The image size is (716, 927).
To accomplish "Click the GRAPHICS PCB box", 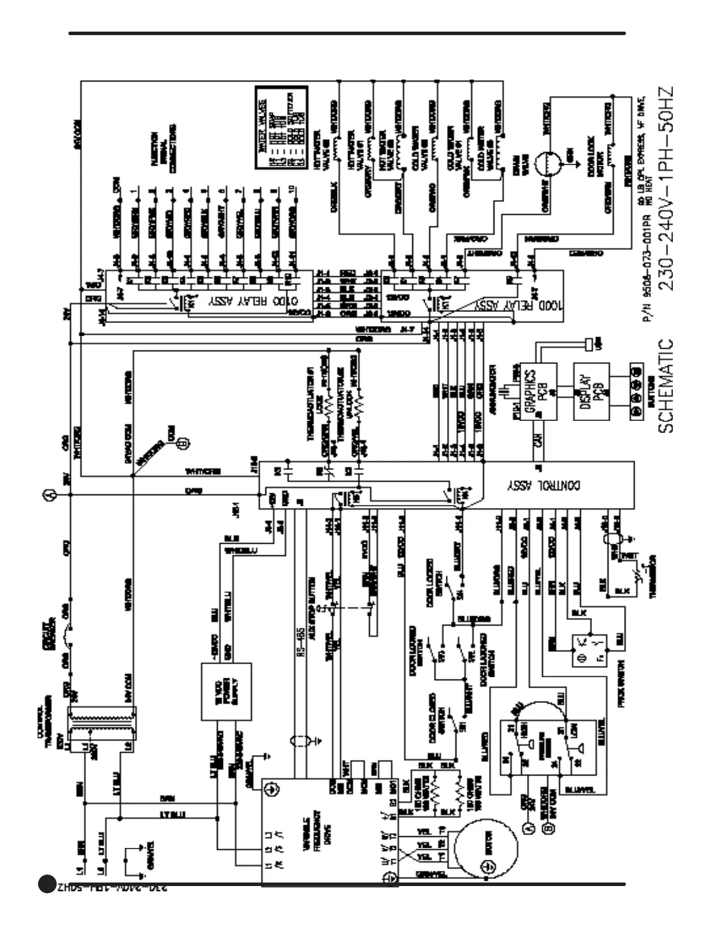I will pos(538,391).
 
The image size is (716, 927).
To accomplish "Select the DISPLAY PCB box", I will pos(591,391).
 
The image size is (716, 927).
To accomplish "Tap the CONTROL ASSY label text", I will pos(544,485).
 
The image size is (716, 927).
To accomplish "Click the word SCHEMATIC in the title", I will pos(666,386).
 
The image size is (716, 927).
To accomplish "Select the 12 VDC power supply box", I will pos(226,691).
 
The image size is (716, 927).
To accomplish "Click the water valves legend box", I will pos(281,128).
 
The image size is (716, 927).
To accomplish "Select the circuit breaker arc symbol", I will pos(70,634).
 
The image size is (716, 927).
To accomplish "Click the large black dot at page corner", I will pos(47,884).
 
